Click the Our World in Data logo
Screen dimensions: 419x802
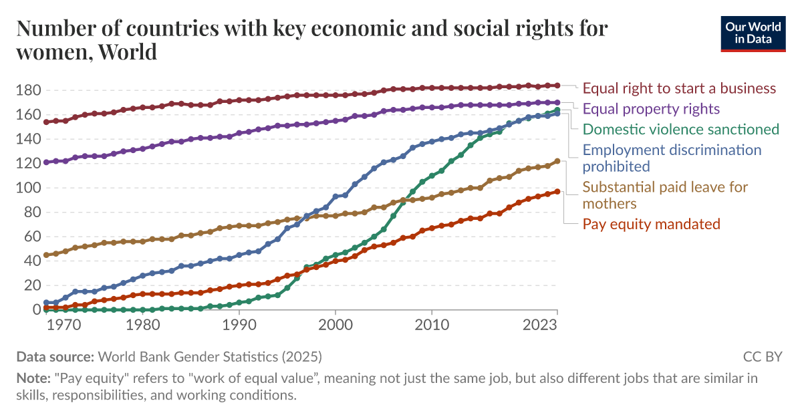[x=753, y=31]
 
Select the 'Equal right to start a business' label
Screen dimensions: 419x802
[x=679, y=88]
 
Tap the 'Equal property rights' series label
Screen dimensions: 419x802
[x=651, y=108]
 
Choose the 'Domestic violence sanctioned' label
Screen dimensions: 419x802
[x=681, y=129]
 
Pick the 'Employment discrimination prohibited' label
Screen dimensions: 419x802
[x=672, y=157]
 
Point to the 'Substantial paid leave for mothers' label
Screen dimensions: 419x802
[x=665, y=194]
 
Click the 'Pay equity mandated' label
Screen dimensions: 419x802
[x=651, y=224]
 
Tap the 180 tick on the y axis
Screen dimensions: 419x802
[x=29, y=90]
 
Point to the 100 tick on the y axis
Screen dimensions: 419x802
[x=29, y=188]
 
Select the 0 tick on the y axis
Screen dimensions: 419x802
[x=36, y=310]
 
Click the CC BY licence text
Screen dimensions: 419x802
[x=762, y=356]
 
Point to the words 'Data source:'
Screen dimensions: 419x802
[x=55, y=356]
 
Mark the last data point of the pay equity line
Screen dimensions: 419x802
[x=557, y=192]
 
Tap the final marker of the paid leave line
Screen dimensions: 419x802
[x=557, y=161]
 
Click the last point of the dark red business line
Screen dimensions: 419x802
[x=557, y=86]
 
